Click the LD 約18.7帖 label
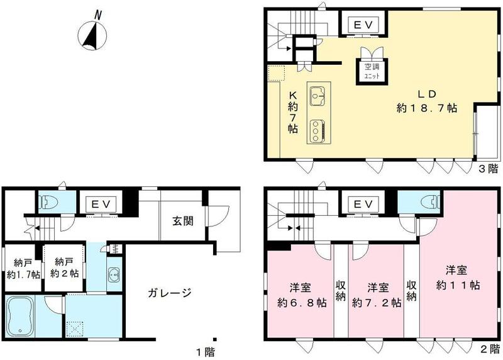tap(426, 101)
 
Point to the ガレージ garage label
tap(169, 292)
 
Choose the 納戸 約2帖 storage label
tap(65, 267)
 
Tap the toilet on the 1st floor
tap(48, 202)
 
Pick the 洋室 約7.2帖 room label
tap(376, 295)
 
